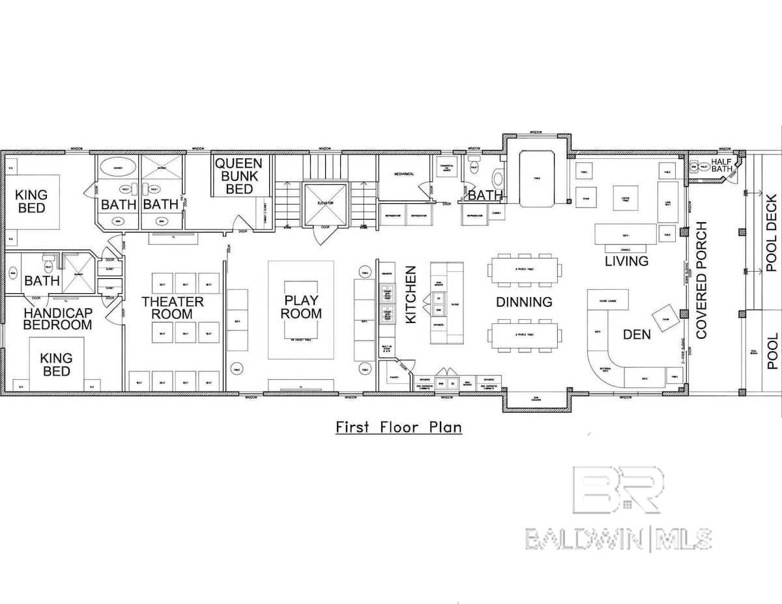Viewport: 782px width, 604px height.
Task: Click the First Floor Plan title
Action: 398,427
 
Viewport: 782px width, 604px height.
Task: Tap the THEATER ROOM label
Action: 173,308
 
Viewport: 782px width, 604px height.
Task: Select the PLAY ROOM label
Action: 302,306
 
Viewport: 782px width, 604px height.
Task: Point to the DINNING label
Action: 524,302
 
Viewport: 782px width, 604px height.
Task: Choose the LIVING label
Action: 626,261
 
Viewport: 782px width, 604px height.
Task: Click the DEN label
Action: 637,334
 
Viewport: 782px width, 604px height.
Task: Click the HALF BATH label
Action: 722,165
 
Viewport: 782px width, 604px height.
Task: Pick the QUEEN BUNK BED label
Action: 238,176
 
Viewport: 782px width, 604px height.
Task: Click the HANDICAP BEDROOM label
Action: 58,319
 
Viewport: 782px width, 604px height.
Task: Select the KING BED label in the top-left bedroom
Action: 31,201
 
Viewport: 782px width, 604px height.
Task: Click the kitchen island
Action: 446,303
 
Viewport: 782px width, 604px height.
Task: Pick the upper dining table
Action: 525,269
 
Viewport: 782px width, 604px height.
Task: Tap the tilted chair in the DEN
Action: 665,319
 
